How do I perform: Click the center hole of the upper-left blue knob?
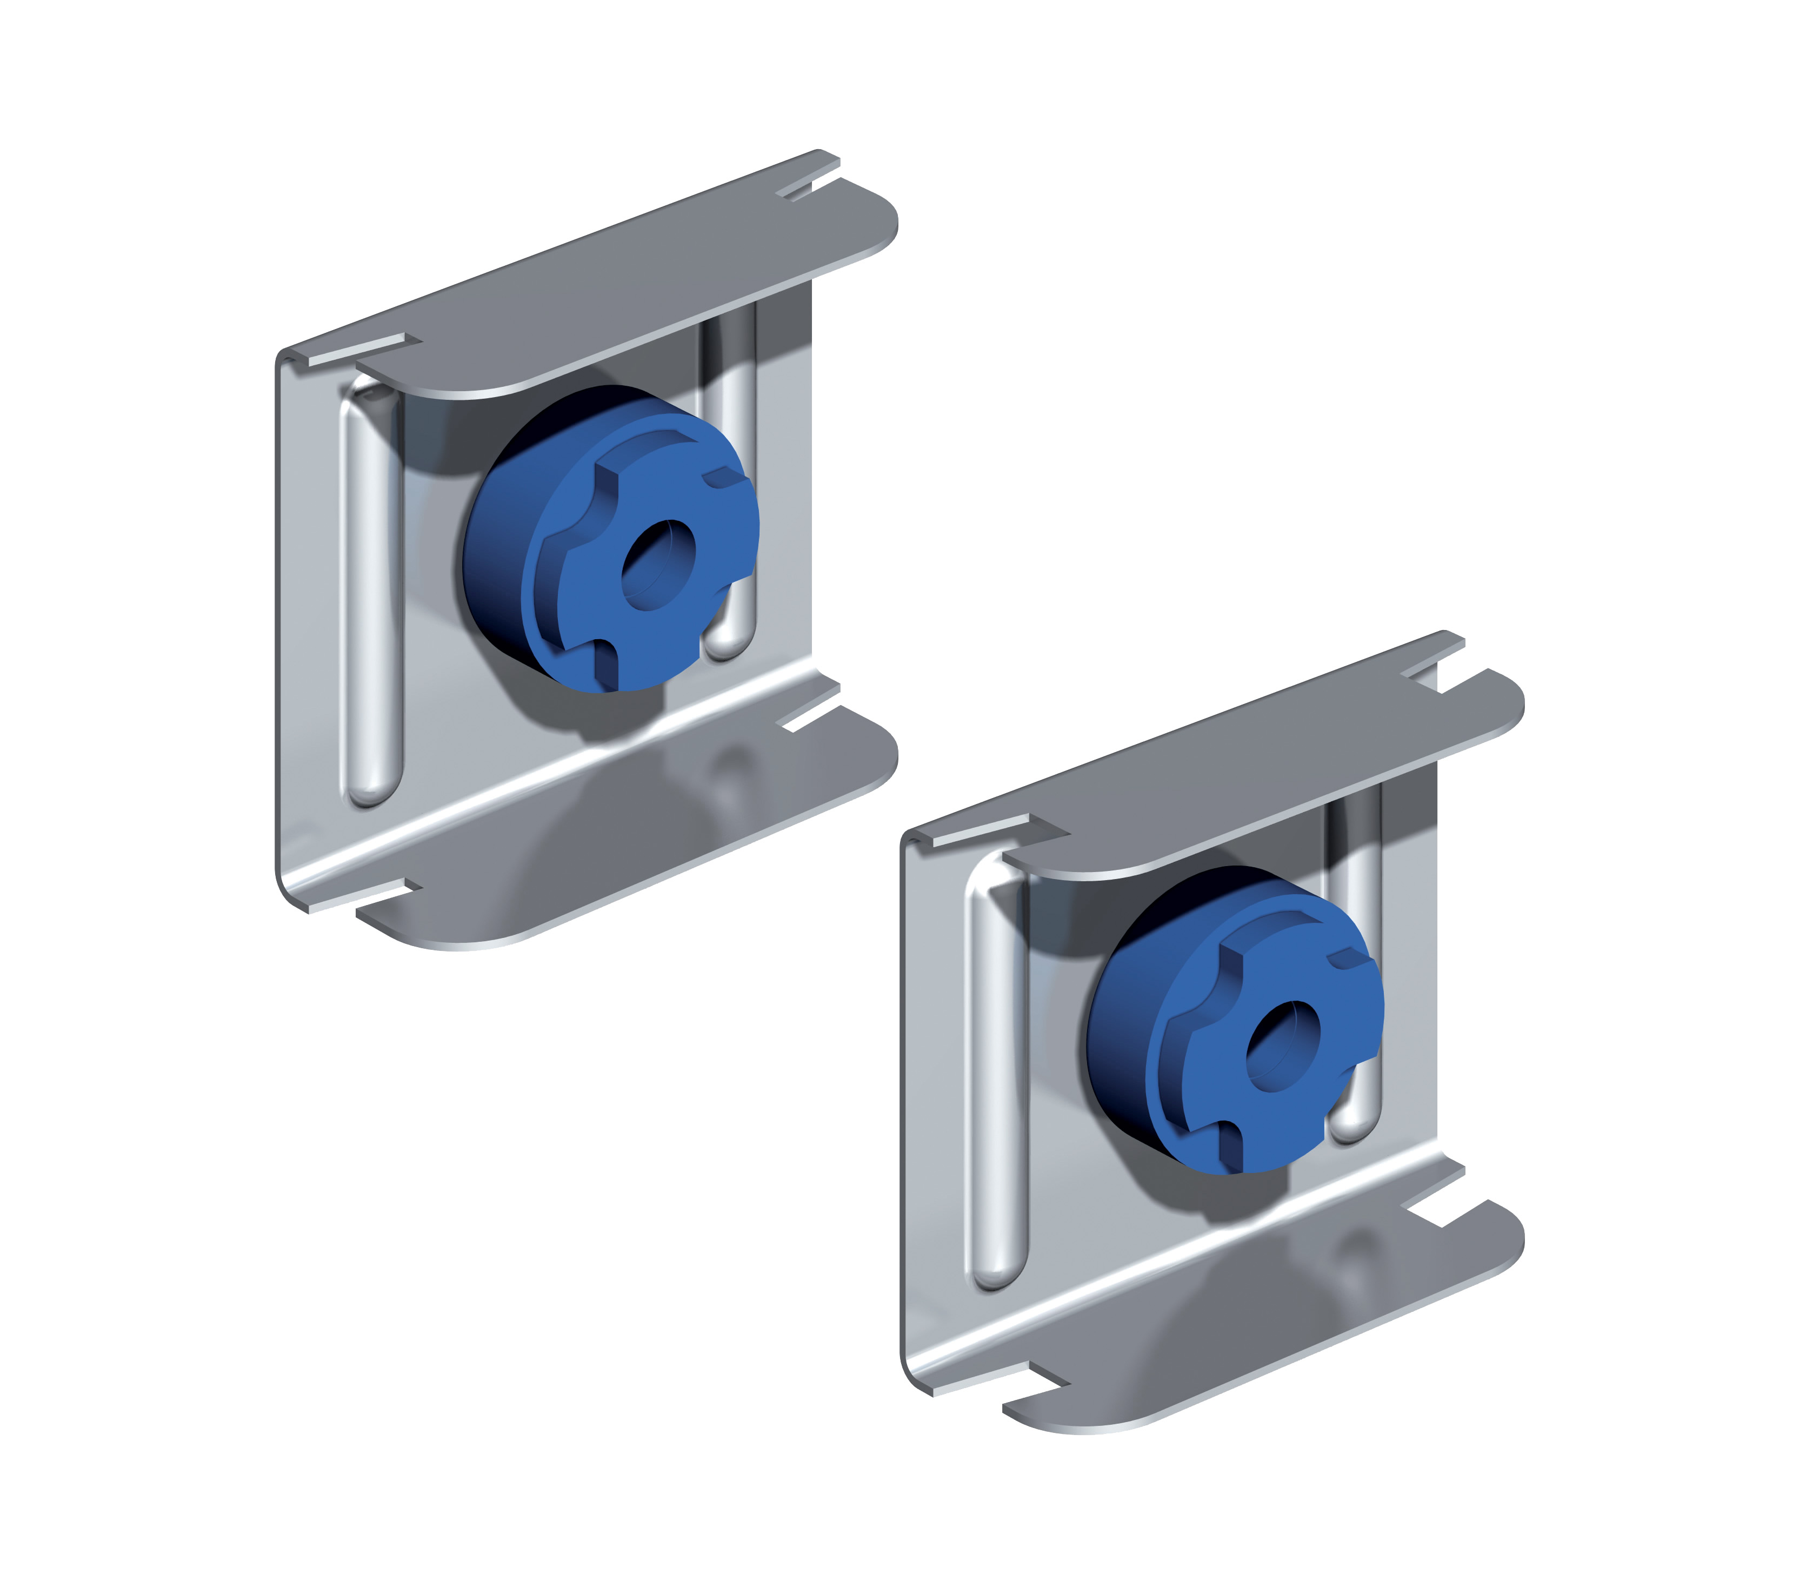click(658, 565)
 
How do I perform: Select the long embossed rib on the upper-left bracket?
click(370, 598)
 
